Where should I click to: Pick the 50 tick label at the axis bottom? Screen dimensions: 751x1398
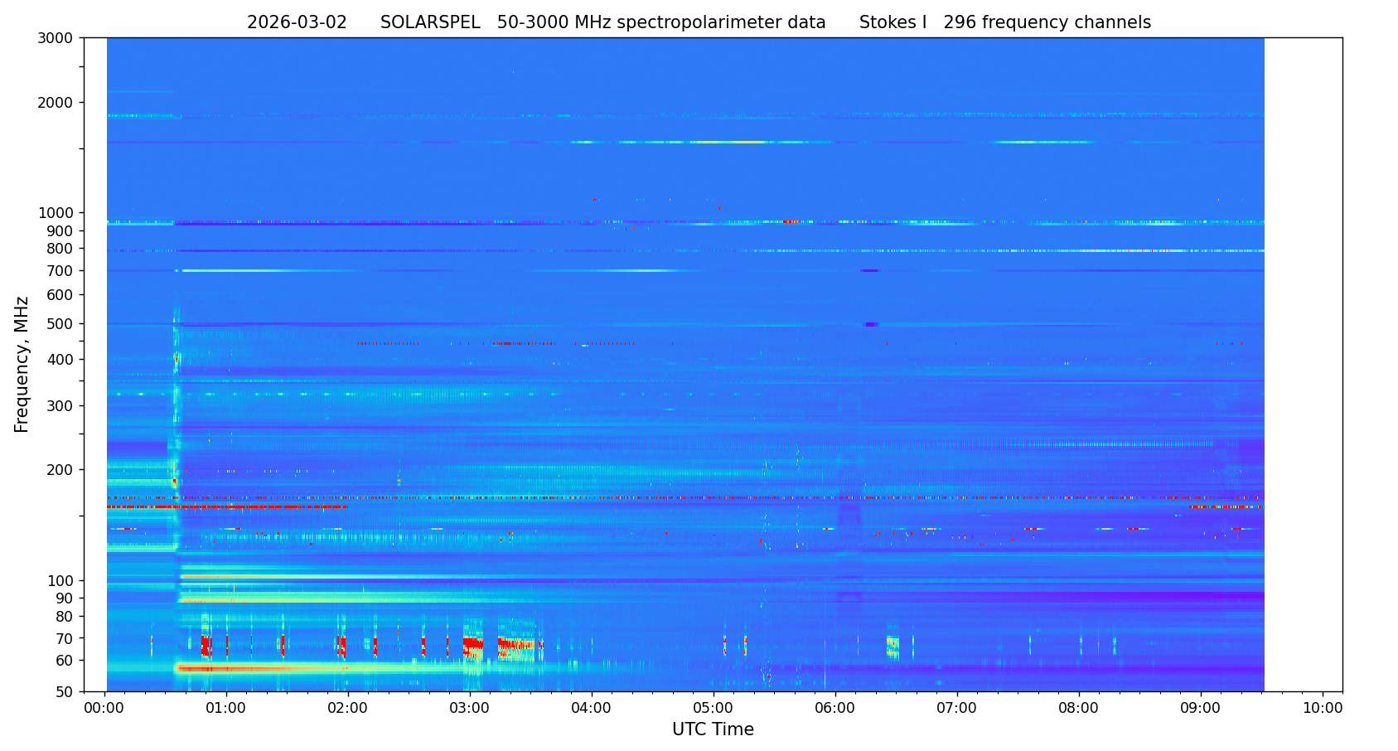pos(65,691)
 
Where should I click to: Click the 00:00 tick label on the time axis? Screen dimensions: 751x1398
pos(104,709)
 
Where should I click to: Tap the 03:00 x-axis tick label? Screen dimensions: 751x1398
pos(470,709)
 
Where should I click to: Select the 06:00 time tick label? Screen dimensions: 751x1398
pos(835,709)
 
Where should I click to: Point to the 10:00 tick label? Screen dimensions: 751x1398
pos(1323,709)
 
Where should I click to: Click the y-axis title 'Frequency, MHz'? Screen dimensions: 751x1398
pos(22,364)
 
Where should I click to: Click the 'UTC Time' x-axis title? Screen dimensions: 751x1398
pos(713,729)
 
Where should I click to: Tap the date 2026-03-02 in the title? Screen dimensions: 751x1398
pos(297,23)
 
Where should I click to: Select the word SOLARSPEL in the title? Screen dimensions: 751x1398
pos(430,23)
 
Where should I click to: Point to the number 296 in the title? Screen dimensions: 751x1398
pos(960,23)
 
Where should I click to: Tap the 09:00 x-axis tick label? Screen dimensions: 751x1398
pos(1201,709)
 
